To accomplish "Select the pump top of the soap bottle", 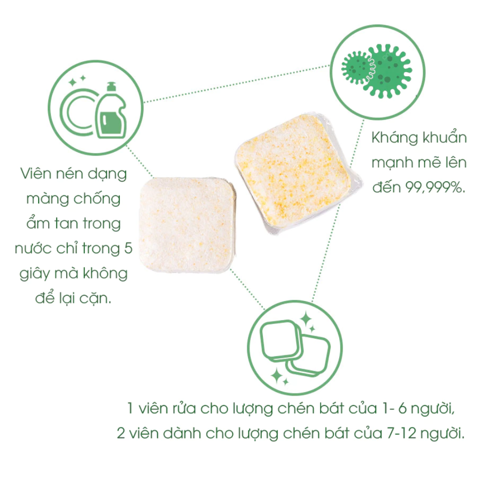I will coord(111,87).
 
